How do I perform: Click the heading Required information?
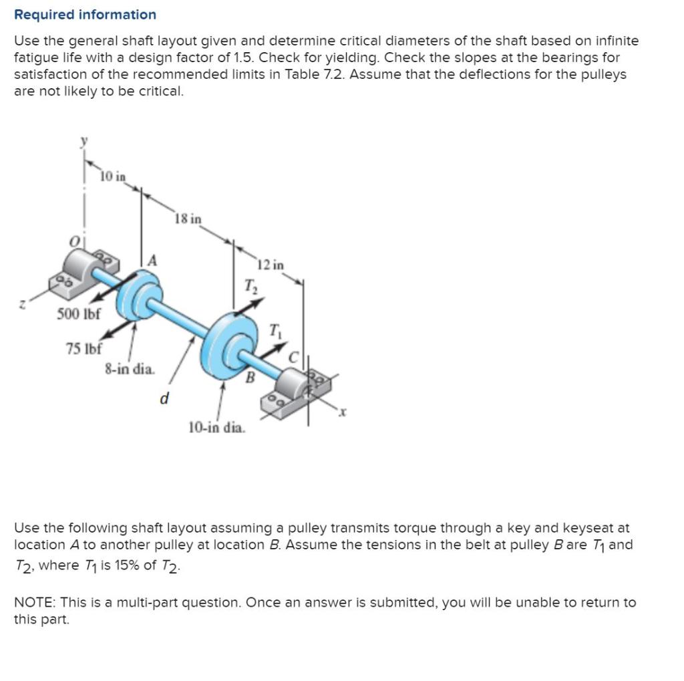tap(85, 14)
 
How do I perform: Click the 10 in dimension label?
tap(113, 177)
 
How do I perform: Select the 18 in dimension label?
tap(188, 219)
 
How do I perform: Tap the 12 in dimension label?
tap(271, 265)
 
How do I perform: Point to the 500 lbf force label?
tap(78, 314)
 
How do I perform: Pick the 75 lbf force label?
tap(83, 348)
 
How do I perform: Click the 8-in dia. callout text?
tap(130, 368)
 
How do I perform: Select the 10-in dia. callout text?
tap(217, 426)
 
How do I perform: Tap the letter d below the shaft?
tap(163, 399)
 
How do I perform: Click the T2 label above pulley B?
tap(248, 287)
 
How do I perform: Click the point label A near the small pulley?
tap(152, 261)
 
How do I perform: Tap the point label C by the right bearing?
tap(293, 358)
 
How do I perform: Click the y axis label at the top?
tap(84, 140)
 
